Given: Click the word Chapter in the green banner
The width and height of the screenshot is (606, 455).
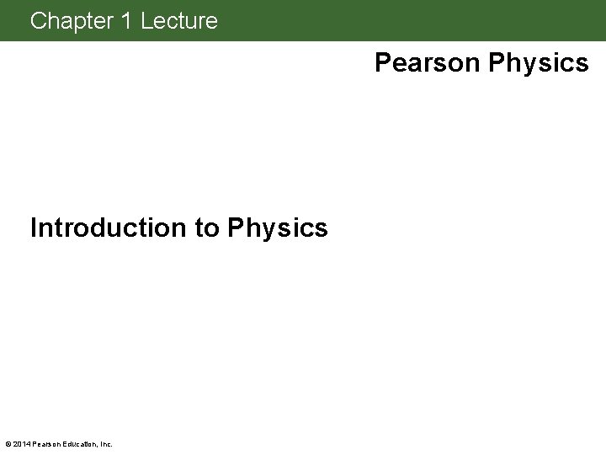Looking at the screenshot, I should (72, 21).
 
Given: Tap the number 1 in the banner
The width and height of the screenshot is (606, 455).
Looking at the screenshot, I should (126, 21).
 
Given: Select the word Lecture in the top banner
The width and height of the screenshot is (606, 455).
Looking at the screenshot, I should (179, 21).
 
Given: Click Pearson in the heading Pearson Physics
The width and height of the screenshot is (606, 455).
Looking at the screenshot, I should (427, 63).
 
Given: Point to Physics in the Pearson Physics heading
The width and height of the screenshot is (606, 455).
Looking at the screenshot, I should (539, 63).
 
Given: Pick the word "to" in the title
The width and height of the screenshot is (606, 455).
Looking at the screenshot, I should (208, 227).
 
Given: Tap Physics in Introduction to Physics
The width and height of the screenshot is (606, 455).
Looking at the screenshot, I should (278, 227).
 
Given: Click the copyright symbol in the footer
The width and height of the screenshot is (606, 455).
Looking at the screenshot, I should (8, 444).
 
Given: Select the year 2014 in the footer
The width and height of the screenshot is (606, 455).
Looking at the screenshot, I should (20, 444).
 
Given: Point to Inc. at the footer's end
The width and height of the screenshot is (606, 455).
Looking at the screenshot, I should (105, 444).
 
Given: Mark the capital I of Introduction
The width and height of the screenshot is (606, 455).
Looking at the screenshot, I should (34, 227).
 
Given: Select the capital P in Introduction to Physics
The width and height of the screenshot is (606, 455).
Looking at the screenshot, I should (236, 227).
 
